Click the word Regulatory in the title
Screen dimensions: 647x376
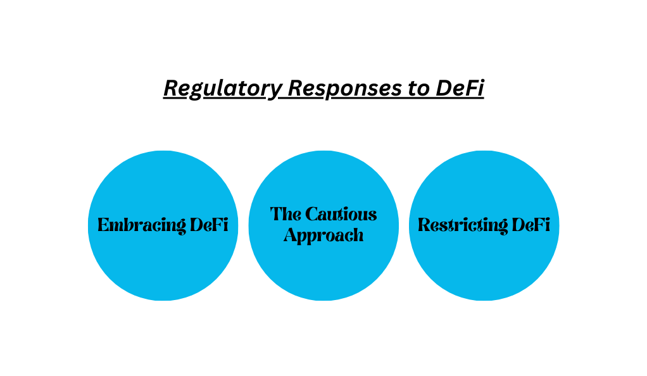[223, 89]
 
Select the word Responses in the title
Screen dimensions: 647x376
[344, 89]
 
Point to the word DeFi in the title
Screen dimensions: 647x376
[460, 88]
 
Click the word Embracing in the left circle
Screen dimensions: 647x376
[142, 226]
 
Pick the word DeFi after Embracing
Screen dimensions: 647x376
[209, 225]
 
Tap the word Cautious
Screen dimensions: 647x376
[341, 214]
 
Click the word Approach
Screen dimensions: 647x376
[323, 235]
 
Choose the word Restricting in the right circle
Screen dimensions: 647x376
[463, 226]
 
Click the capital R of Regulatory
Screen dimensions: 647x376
[172, 88]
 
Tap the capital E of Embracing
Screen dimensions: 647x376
[104, 225]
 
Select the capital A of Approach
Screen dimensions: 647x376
[291, 235]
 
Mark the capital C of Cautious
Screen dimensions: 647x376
[312, 214]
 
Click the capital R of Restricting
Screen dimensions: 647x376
[425, 225]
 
